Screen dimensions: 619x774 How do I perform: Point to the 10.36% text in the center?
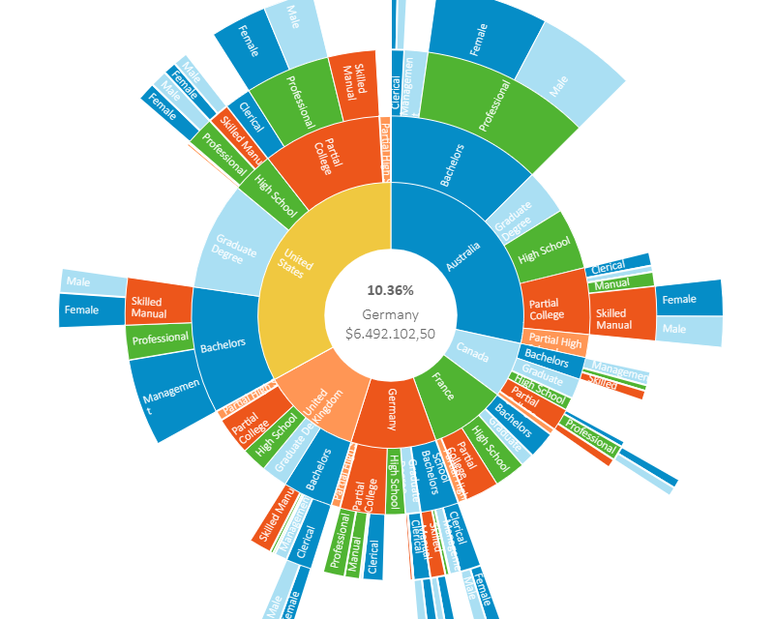point(390,290)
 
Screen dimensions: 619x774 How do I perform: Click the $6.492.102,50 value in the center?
point(390,334)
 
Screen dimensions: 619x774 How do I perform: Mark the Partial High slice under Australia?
point(555,340)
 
